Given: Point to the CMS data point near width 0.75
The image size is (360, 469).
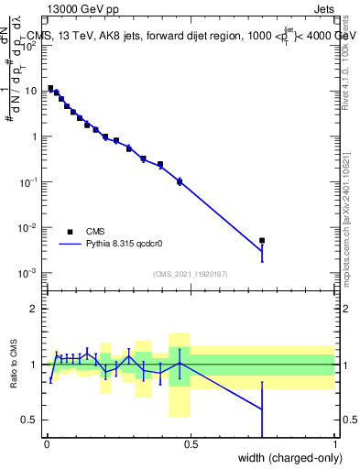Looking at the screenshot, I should click(x=262, y=241).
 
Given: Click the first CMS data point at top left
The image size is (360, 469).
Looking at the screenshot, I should click(x=50, y=88).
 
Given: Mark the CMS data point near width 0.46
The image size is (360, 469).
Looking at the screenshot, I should click(x=180, y=181).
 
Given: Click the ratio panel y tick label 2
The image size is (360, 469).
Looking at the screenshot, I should click(x=36, y=310).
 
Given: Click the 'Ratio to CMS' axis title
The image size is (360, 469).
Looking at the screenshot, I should click(x=14, y=365).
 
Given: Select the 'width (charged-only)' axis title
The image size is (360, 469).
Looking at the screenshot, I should click(x=286, y=459).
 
